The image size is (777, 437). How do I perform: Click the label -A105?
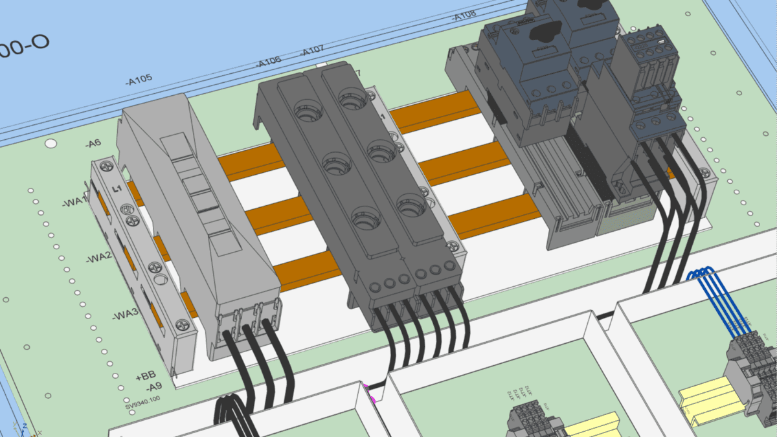[139, 80]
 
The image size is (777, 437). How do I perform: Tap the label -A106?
[268, 62]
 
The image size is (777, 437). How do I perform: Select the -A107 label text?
[313, 50]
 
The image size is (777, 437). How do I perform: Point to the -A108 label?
[464, 16]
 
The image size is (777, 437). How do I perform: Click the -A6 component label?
[93, 144]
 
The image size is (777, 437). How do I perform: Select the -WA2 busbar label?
[98, 258]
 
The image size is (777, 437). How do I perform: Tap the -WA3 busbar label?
[124, 315]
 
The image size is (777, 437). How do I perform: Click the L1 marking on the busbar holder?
[118, 189]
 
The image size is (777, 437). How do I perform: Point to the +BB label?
[146, 375]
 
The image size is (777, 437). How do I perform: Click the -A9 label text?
[153, 387]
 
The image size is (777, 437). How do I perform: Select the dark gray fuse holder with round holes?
[359, 188]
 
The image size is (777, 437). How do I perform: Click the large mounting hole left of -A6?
[51, 143]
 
